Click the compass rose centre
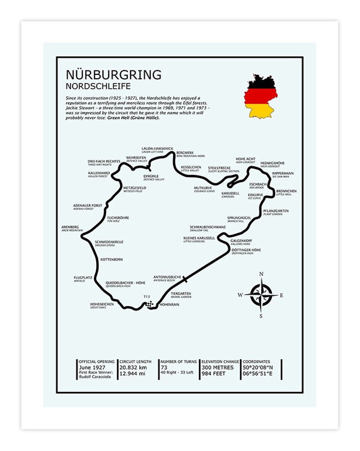(x=261, y=295)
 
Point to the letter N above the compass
(x=261, y=274)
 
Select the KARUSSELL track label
(x=230, y=193)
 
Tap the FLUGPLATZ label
(x=83, y=278)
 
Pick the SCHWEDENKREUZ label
(x=109, y=242)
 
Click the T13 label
(x=146, y=297)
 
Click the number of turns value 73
(x=164, y=367)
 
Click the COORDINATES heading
(x=256, y=362)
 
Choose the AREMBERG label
(x=70, y=227)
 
